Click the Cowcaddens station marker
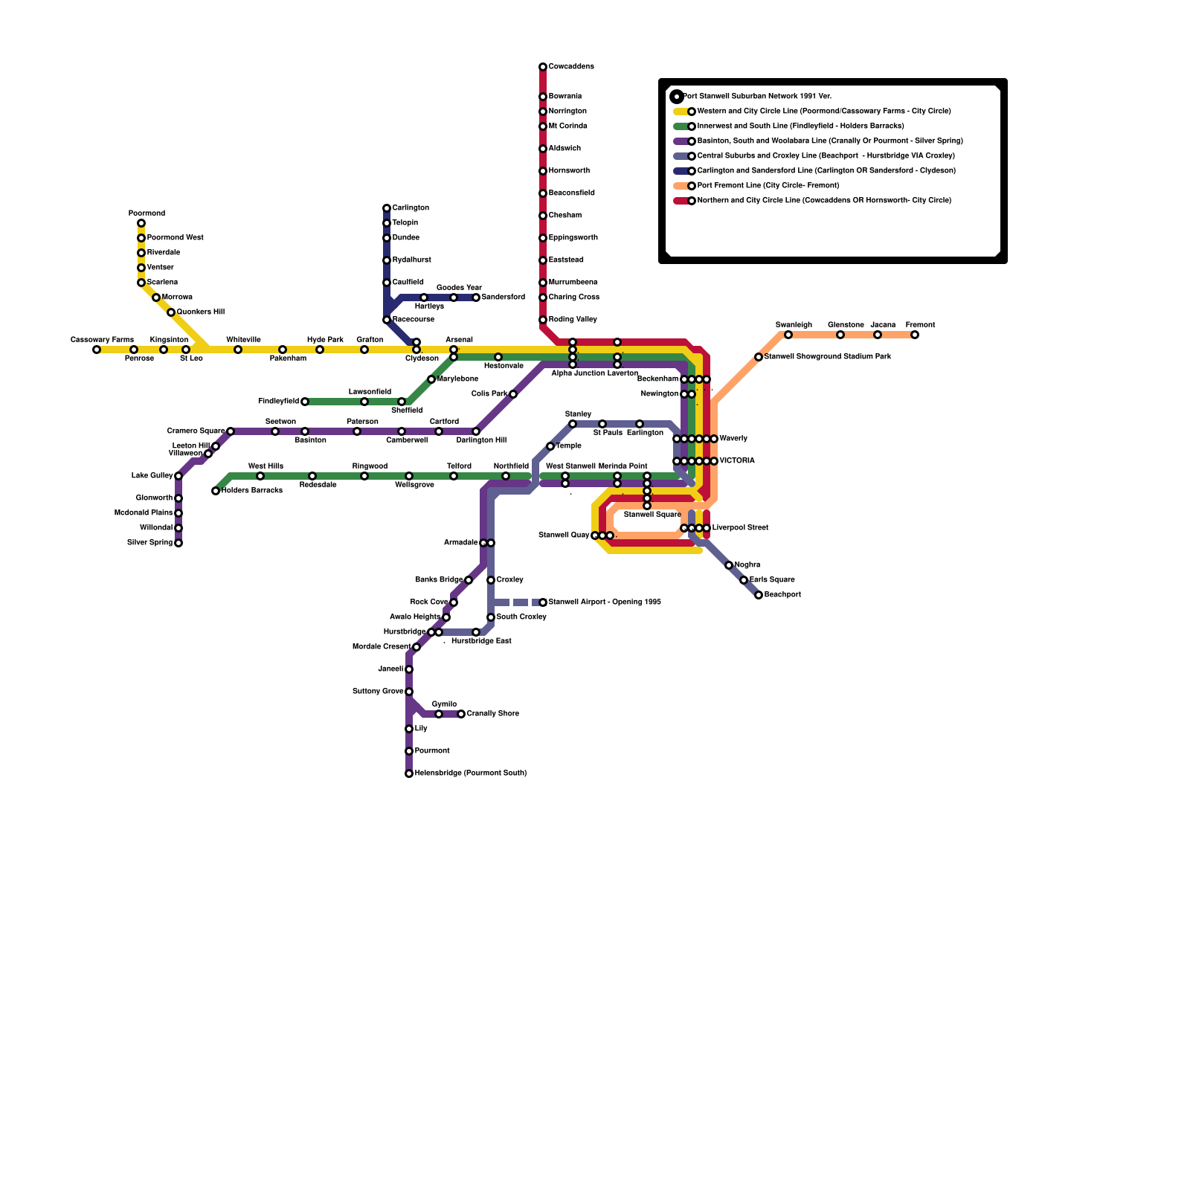[x=543, y=67]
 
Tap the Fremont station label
[x=920, y=325]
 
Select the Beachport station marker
[x=759, y=595]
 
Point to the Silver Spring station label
[x=149, y=543]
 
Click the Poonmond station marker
[x=141, y=223]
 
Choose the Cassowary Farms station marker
[x=97, y=350]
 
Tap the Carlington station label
[x=411, y=208]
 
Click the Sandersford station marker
[x=476, y=297]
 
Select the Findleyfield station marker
[x=305, y=402]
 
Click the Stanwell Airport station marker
[x=543, y=602]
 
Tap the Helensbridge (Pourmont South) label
[x=470, y=773]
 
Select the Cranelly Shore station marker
[x=461, y=714]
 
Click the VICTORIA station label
[x=736, y=461]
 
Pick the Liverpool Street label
[x=739, y=528]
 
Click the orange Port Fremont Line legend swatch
[x=681, y=186]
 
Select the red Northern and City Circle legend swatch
[x=681, y=201]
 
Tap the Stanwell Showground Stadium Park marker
[x=759, y=357]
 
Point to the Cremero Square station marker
[x=231, y=431]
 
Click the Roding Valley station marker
[x=543, y=320]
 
